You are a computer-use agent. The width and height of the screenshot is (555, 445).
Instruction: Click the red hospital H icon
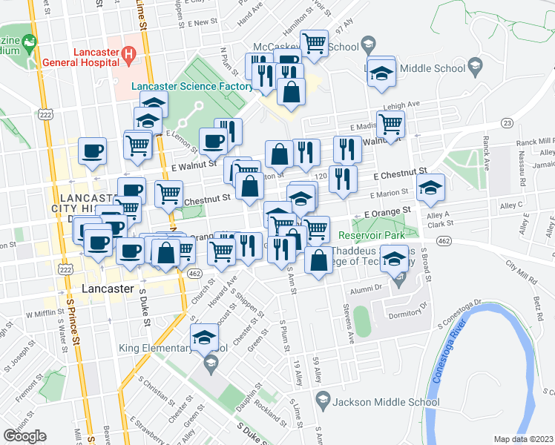(128, 53)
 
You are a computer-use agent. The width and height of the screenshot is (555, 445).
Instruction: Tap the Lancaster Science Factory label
(192, 87)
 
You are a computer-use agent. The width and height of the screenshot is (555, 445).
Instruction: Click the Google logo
(24, 436)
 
